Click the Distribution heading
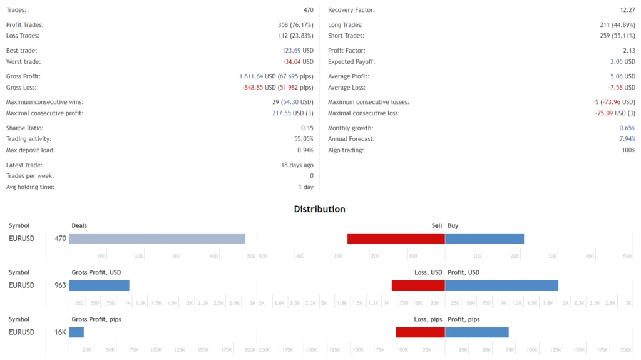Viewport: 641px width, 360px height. point(320,209)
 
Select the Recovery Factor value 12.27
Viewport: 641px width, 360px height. point(627,11)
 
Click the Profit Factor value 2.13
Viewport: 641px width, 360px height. point(628,51)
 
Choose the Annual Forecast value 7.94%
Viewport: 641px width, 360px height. point(627,139)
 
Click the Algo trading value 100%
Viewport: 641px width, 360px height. point(628,150)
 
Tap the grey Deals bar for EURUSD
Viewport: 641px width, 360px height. point(157,239)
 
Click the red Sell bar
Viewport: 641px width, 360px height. point(396,239)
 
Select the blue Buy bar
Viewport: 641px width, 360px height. point(485,239)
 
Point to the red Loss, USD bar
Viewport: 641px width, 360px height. point(418,285)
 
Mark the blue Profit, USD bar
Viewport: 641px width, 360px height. point(501,285)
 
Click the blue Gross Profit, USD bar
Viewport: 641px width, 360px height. point(99,285)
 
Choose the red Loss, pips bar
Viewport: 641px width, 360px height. point(420,332)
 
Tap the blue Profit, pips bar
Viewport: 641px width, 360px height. point(476,332)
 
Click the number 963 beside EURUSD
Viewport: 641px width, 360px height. point(60,285)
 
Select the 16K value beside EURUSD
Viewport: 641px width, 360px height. point(60,332)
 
